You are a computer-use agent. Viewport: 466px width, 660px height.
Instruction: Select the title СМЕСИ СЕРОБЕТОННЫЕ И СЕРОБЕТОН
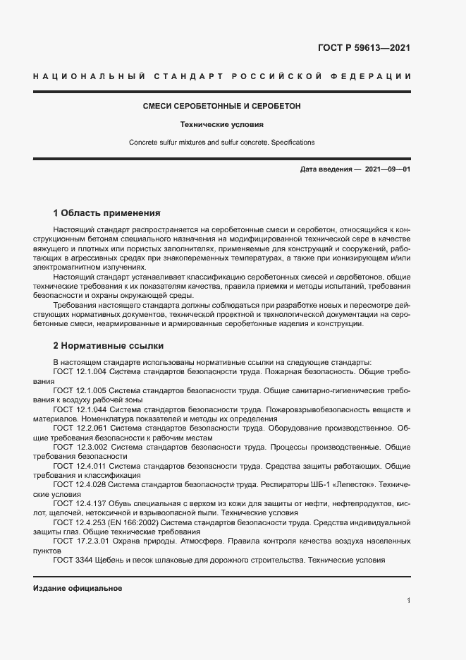(x=221, y=106)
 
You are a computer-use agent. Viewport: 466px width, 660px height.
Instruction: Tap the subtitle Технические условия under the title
(x=221, y=124)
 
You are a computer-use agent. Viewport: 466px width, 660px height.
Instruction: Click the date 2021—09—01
(x=388, y=170)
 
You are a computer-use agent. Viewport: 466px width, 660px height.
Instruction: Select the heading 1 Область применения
(x=107, y=212)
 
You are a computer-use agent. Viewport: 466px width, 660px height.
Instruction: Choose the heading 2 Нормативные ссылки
(x=108, y=346)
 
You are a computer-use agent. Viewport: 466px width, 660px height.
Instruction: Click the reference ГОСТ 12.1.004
(x=80, y=371)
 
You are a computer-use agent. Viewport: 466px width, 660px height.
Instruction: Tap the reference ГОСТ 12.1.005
(x=80, y=390)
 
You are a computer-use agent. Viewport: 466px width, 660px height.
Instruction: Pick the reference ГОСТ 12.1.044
(x=80, y=409)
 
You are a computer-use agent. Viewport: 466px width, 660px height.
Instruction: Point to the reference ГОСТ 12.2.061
(x=80, y=428)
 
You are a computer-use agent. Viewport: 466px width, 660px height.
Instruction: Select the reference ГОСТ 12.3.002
(x=80, y=447)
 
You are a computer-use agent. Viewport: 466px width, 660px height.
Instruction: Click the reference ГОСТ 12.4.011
(x=80, y=466)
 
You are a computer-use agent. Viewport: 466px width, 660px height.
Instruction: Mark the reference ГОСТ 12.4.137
(x=80, y=504)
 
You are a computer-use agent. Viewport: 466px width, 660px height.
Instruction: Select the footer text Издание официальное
(x=78, y=587)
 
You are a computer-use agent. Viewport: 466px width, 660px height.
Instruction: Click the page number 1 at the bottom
(x=408, y=600)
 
